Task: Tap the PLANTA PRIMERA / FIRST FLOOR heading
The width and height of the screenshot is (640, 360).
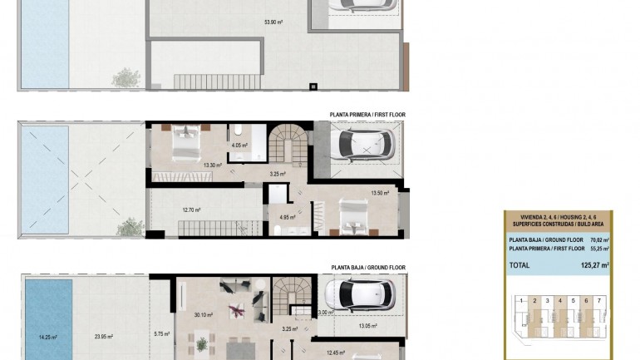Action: point(367,115)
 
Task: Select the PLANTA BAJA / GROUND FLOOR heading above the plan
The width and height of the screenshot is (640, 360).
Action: point(367,268)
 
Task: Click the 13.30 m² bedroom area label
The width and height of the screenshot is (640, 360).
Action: point(213,165)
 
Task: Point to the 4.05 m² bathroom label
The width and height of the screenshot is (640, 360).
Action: point(240,145)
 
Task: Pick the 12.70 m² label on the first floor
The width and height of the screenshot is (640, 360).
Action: point(191,210)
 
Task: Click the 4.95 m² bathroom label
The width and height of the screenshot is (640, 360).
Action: point(288,217)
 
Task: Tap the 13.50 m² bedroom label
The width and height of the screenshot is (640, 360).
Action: point(381,193)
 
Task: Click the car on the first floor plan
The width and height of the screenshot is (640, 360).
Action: point(361,145)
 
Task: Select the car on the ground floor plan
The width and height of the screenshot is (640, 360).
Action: point(361,293)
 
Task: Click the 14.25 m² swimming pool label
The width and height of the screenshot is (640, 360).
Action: point(48,337)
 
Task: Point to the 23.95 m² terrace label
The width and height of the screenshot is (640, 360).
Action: point(103,337)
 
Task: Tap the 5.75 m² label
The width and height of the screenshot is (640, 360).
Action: point(161,334)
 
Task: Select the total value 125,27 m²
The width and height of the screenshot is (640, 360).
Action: point(591,265)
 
